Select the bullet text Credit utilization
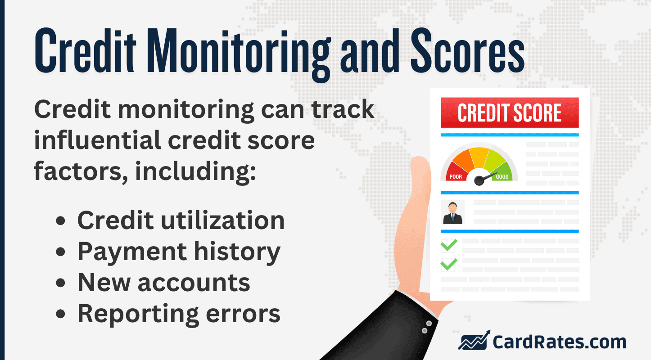(x=181, y=220)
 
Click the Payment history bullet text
(x=179, y=252)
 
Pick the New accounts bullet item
(x=163, y=283)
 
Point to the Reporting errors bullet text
(x=179, y=314)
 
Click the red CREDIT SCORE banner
(x=509, y=112)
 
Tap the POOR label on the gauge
(x=456, y=177)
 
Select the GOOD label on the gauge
(x=502, y=177)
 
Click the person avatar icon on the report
(x=452, y=212)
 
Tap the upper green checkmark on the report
(x=448, y=245)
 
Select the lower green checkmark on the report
(x=448, y=264)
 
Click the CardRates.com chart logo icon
(x=474, y=341)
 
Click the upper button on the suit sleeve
(x=429, y=324)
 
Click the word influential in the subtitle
(x=97, y=141)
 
